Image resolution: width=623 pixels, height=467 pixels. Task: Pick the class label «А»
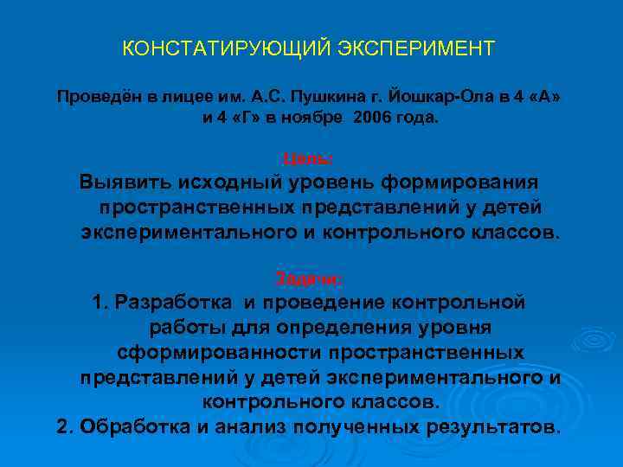point(543,95)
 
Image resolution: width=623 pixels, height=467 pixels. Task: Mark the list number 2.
point(62,428)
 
